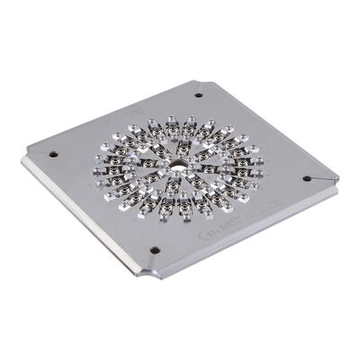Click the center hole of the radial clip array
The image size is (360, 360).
tap(179, 166)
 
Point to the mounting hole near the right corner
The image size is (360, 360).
tap(306, 178)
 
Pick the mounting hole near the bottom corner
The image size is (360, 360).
tap(155, 249)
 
